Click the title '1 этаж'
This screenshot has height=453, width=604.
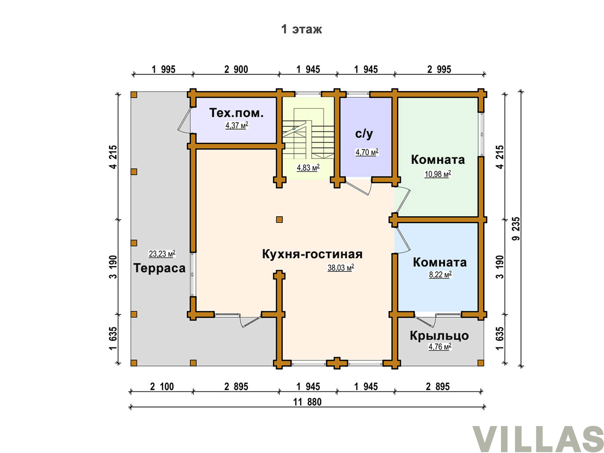[301, 29]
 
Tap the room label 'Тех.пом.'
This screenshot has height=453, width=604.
[236, 113]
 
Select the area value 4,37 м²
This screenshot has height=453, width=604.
[237, 125]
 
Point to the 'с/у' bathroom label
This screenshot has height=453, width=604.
[364, 134]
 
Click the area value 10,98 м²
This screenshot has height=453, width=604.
[438, 174]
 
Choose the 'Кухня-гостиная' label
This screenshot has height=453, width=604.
[312, 254]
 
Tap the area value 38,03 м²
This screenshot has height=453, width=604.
[340, 267]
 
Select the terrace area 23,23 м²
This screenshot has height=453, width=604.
[162, 253]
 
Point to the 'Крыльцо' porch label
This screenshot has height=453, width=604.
[439, 336]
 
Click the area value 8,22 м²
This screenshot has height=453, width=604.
[440, 275]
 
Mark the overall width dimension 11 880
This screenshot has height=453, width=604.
[307, 402]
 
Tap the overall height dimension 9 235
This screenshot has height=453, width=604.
[516, 229]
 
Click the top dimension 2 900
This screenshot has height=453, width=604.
[236, 69]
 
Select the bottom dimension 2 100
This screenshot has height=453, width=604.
[162, 387]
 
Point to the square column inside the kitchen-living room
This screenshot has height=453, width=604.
[279, 219]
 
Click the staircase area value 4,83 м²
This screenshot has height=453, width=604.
[308, 167]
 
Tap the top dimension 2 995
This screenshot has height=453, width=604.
[439, 69]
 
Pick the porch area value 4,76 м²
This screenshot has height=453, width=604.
[440, 347]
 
